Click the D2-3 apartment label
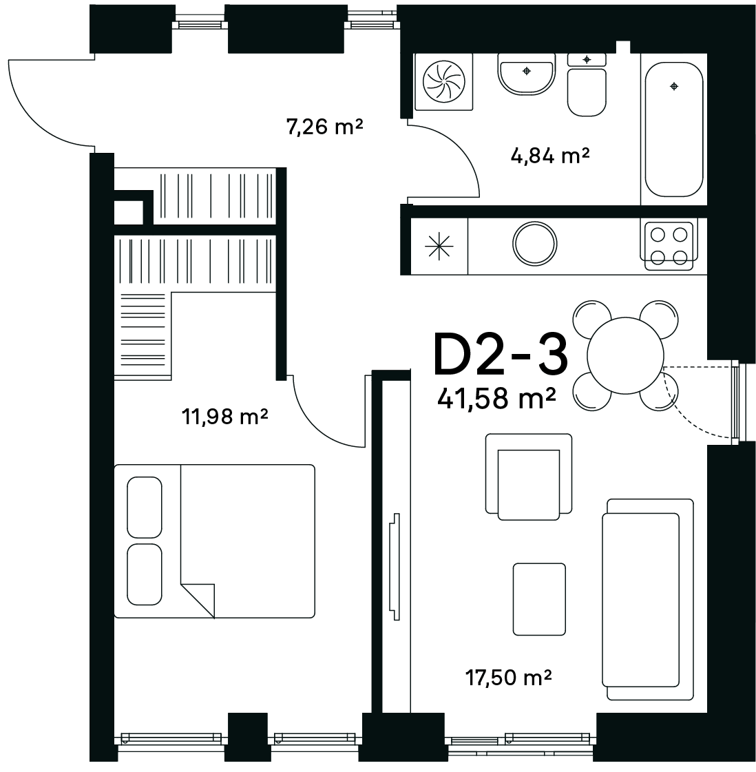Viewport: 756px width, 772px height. (x=501, y=354)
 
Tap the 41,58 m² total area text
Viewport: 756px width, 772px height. (x=496, y=398)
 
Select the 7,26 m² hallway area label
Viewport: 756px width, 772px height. (x=324, y=127)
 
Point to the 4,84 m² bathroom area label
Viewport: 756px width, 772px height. (x=549, y=156)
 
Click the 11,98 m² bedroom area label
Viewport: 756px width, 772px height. (x=225, y=417)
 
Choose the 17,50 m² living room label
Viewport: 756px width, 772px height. (x=508, y=678)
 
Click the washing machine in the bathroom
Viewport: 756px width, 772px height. (x=443, y=82)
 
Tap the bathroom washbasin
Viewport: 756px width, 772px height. (x=527, y=74)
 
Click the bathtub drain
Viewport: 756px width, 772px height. (x=674, y=87)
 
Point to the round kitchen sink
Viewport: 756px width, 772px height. (x=534, y=244)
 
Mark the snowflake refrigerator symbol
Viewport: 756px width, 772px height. (x=439, y=246)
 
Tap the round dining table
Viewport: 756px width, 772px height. (x=625, y=355)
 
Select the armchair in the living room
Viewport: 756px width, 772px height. (x=529, y=477)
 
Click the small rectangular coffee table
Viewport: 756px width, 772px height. (x=539, y=599)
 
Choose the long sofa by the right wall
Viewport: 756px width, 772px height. (x=648, y=599)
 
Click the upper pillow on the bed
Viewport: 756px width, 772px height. (x=144, y=507)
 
